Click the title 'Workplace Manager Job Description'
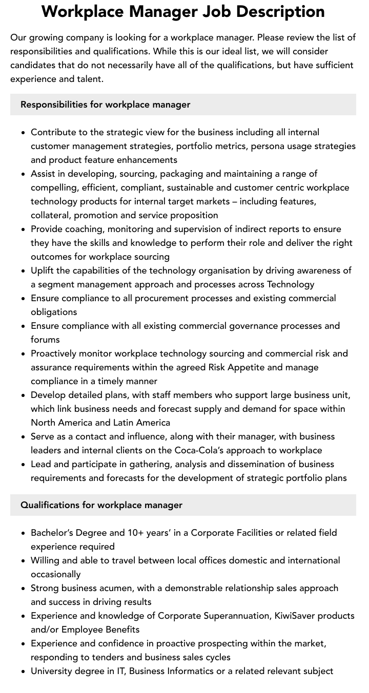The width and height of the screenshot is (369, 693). point(183,11)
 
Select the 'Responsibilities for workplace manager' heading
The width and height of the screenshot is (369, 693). point(105,104)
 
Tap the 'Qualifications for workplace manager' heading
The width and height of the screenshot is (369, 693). point(101,505)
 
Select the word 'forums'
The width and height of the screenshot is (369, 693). point(45,340)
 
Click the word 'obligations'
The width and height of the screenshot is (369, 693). point(54,312)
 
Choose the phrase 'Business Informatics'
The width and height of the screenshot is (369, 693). point(171,671)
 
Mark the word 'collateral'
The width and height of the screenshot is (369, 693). point(50,215)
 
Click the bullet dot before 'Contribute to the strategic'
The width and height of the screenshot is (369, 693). point(24,133)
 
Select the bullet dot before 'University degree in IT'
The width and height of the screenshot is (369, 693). point(24,671)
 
